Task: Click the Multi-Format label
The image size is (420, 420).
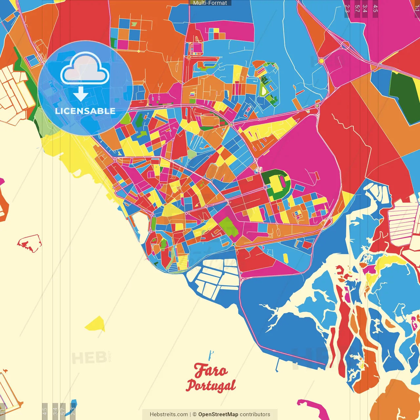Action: click(x=210, y=3)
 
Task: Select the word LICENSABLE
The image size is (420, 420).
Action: click(x=85, y=111)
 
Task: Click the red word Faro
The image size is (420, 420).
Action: click(x=210, y=370)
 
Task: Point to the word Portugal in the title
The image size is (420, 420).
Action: click(x=211, y=385)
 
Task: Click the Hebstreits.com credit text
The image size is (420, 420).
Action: click(x=169, y=414)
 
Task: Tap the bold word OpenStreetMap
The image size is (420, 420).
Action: click(x=218, y=414)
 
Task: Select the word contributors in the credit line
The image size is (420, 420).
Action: click(x=255, y=414)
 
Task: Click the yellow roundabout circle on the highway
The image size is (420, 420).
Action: click(x=321, y=61)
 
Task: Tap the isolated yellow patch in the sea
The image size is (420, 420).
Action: click(x=95, y=324)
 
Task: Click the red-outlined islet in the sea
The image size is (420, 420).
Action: click(x=29, y=243)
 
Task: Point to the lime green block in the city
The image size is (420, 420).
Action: click(x=228, y=226)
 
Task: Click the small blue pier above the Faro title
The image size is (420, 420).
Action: click(x=211, y=355)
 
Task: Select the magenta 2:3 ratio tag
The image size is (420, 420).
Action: click(x=347, y=9)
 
